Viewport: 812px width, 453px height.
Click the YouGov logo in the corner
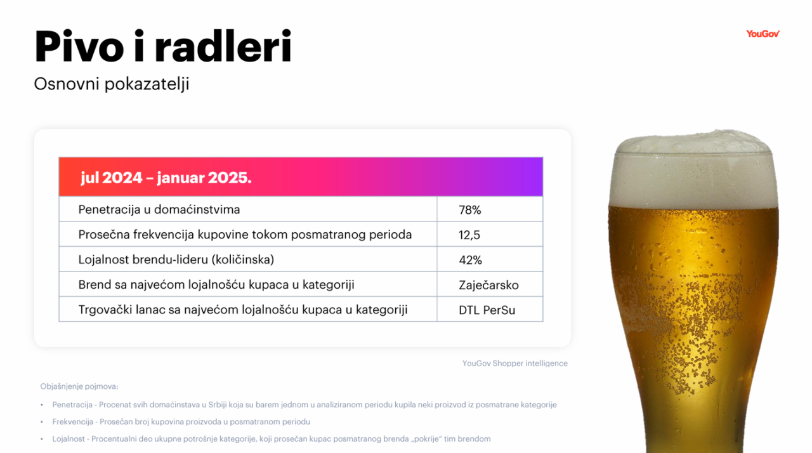[x=763, y=34]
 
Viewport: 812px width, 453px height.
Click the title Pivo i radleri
[x=163, y=46]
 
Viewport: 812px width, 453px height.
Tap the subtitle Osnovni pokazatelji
[x=112, y=84]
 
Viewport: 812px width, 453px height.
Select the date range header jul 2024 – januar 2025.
[x=166, y=178]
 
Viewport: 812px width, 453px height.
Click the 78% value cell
[x=470, y=210]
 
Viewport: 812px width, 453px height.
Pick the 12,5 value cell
[x=469, y=235]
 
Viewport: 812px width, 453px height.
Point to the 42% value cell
[x=470, y=260]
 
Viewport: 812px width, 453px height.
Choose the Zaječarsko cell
[x=488, y=286]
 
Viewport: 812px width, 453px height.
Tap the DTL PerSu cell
[x=487, y=310]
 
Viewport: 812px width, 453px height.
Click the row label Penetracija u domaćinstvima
[x=159, y=209]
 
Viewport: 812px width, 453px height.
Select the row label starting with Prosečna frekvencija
[x=245, y=235]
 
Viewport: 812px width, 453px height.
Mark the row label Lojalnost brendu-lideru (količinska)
[x=176, y=259]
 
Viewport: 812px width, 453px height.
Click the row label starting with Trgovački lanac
[x=243, y=310]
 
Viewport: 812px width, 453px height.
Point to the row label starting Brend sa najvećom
[x=216, y=284]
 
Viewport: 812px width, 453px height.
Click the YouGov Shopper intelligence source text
[x=514, y=363]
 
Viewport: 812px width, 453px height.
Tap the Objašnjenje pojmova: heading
[x=79, y=386]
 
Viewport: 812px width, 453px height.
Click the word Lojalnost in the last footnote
[x=69, y=439]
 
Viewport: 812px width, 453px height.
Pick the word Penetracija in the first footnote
[x=72, y=405]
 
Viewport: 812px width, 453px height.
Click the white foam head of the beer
[x=693, y=170]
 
